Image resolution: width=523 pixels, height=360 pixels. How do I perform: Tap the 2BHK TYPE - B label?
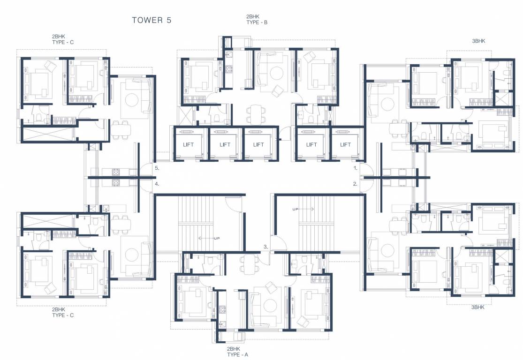coord(257,19)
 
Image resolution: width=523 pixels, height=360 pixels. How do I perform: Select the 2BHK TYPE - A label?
coord(237,352)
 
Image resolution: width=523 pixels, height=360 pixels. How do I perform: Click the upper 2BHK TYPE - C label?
coord(63,39)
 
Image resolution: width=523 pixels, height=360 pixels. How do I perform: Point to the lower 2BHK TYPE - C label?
coord(63,312)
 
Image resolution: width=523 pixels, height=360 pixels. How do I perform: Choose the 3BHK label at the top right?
coord(478,41)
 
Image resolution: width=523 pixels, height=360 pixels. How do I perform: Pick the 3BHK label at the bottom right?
coord(478,307)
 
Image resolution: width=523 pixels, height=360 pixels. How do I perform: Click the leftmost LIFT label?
coord(188,144)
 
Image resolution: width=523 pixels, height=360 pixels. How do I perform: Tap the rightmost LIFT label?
coord(345,144)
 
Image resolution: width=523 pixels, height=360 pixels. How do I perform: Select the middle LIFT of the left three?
coord(225,144)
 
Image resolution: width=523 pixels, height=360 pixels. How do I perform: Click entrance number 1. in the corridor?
coord(356,167)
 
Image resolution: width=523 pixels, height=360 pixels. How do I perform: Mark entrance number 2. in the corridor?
coord(356,184)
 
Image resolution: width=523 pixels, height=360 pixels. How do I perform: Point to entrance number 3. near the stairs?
coord(265,246)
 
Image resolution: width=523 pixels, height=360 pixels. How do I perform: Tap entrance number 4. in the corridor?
coord(157,184)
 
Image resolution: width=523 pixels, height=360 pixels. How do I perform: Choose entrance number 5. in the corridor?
coord(157,167)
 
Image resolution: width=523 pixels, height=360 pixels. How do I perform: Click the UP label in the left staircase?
coord(217,238)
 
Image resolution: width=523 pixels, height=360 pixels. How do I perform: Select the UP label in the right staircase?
coord(296,209)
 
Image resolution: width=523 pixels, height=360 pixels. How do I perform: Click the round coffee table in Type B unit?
coord(276,73)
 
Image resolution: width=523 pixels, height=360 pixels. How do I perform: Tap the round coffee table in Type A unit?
coord(270,306)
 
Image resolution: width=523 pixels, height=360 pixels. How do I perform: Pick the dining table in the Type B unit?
coord(256,113)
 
